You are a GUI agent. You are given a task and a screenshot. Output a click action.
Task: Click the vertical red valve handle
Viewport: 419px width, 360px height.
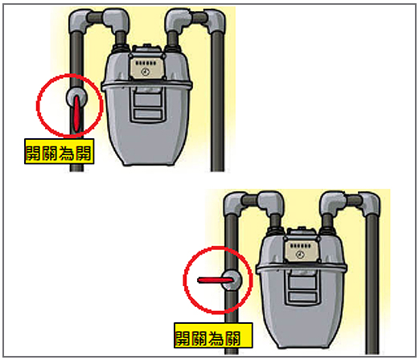pyautogui.click(x=76, y=113)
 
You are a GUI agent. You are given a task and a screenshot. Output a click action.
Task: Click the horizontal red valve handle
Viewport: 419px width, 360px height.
pyautogui.click(x=216, y=280)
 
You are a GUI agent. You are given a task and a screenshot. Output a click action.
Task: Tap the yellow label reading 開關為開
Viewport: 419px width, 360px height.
pyautogui.click(x=60, y=151)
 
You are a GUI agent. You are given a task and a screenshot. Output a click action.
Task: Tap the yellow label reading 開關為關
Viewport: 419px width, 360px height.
pyautogui.click(x=213, y=335)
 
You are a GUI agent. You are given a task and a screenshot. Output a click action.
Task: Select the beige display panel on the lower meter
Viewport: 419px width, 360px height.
pyautogui.click(x=302, y=251)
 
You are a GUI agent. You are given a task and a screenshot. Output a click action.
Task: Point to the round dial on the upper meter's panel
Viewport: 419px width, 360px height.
pyautogui.click(x=145, y=72)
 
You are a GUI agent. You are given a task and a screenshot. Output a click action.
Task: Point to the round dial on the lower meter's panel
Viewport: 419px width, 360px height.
pyautogui.click(x=300, y=254)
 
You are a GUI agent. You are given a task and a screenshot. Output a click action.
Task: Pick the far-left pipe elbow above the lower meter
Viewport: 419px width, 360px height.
pyautogui.click(x=234, y=203)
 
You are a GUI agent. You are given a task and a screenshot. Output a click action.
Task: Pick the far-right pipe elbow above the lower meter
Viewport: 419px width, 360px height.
pyautogui.click(x=369, y=203)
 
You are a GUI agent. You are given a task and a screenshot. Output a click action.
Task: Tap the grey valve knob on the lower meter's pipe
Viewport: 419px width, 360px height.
pyautogui.click(x=232, y=280)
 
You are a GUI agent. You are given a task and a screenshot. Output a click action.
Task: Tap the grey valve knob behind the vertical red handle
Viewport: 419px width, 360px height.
pyautogui.click(x=76, y=96)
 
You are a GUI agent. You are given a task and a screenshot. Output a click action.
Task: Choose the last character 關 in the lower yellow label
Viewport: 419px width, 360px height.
pyautogui.click(x=232, y=338)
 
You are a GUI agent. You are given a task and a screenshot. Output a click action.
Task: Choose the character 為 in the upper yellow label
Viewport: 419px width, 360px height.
pyautogui.click(x=67, y=153)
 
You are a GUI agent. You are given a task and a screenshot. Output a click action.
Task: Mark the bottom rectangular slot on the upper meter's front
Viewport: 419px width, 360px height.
pyautogui.click(x=148, y=114)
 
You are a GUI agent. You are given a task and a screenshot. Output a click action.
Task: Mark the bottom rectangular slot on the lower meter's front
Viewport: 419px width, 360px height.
pyautogui.click(x=302, y=297)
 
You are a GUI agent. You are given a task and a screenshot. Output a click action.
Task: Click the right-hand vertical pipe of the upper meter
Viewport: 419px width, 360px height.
pyautogui.click(x=217, y=102)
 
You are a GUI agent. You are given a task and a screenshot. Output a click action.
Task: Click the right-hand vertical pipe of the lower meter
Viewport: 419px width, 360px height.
pyautogui.click(x=372, y=284)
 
